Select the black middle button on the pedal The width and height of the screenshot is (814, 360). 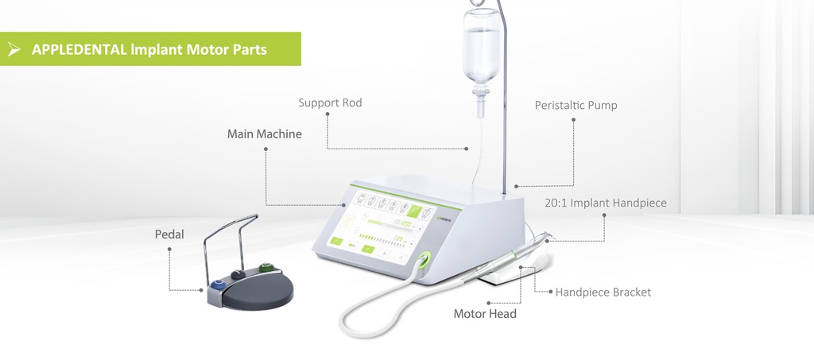[x=236, y=275]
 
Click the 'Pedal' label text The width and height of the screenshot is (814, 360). [x=169, y=234]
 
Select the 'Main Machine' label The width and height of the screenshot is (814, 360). [x=265, y=134]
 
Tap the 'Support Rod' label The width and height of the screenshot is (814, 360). [x=330, y=103]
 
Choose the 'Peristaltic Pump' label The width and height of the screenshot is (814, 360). [x=576, y=105]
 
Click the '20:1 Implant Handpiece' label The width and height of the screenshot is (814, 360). [x=606, y=203]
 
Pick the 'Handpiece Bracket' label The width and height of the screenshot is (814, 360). [x=603, y=292]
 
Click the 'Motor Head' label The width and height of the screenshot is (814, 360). [x=485, y=313]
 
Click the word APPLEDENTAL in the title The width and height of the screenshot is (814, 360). [x=79, y=49]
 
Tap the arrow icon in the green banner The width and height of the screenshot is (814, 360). [x=14, y=49]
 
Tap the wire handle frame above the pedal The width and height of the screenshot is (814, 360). [x=231, y=230]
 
